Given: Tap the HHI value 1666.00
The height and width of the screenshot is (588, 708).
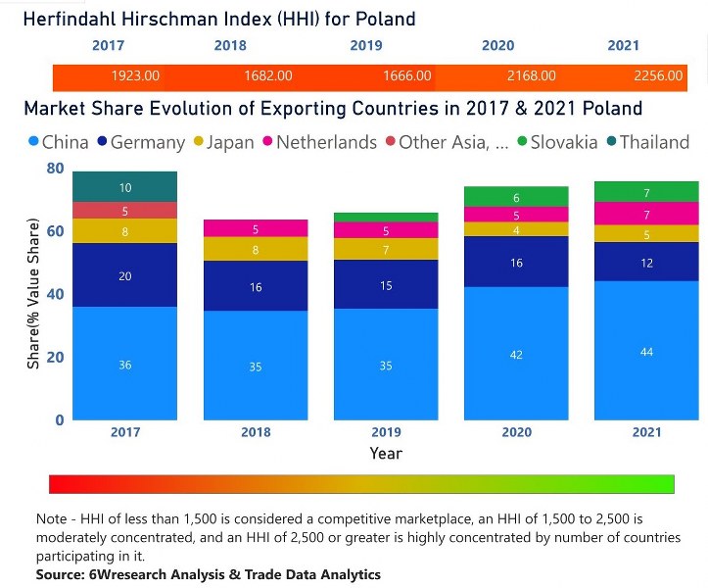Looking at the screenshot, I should coord(406,76).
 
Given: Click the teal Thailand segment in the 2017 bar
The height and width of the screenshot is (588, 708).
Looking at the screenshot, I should coord(125,186).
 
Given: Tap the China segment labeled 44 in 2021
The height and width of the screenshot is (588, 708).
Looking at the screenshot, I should coord(646,350).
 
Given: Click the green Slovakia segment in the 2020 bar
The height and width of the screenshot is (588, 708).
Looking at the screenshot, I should coord(516,197).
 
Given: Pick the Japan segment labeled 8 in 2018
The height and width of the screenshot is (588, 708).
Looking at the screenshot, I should coord(256,249).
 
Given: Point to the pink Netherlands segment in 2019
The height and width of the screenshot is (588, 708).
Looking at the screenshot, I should coord(386,230).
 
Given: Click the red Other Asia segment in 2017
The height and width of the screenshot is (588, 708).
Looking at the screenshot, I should coord(125,211).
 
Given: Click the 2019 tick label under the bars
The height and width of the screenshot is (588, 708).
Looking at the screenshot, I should coord(386,432).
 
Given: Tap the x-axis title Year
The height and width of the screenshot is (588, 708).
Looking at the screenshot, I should coord(386,453).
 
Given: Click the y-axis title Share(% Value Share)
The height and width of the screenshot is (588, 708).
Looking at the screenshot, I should coord(33,294).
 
